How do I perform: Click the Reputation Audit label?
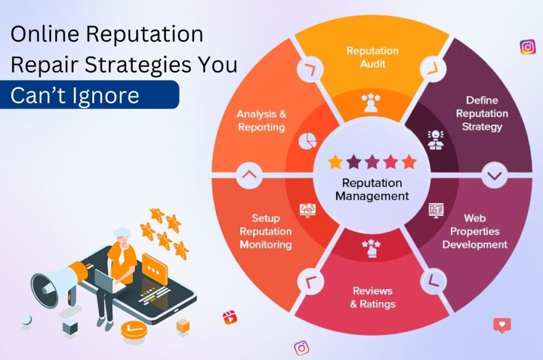[x=372, y=57]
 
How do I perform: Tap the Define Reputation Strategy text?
[x=481, y=113]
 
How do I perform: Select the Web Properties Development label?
[x=475, y=231]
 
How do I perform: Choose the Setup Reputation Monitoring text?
[x=266, y=231]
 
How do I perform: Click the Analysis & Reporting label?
[x=261, y=120]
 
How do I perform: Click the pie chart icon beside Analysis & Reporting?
[x=308, y=141]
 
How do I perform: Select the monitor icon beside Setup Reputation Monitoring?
[x=307, y=209]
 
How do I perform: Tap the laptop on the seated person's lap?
[x=109, y=282]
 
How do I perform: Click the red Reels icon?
[x=230, y=318]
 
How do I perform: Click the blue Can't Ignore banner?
[x=89, y=95]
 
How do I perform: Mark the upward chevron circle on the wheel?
[x=250, y=174]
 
